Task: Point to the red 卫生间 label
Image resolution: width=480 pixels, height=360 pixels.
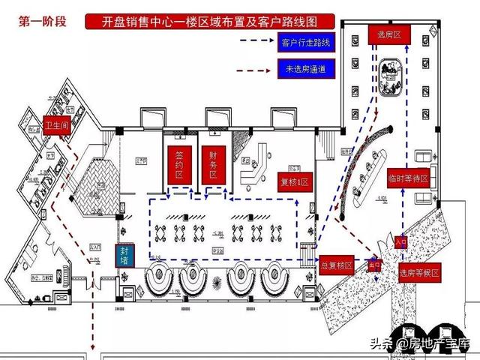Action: click(x=56, y=124)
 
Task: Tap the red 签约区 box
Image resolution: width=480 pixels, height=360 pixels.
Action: click(x=179, y=163)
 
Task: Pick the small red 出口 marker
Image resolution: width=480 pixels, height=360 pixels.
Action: click(x=372, y=265)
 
